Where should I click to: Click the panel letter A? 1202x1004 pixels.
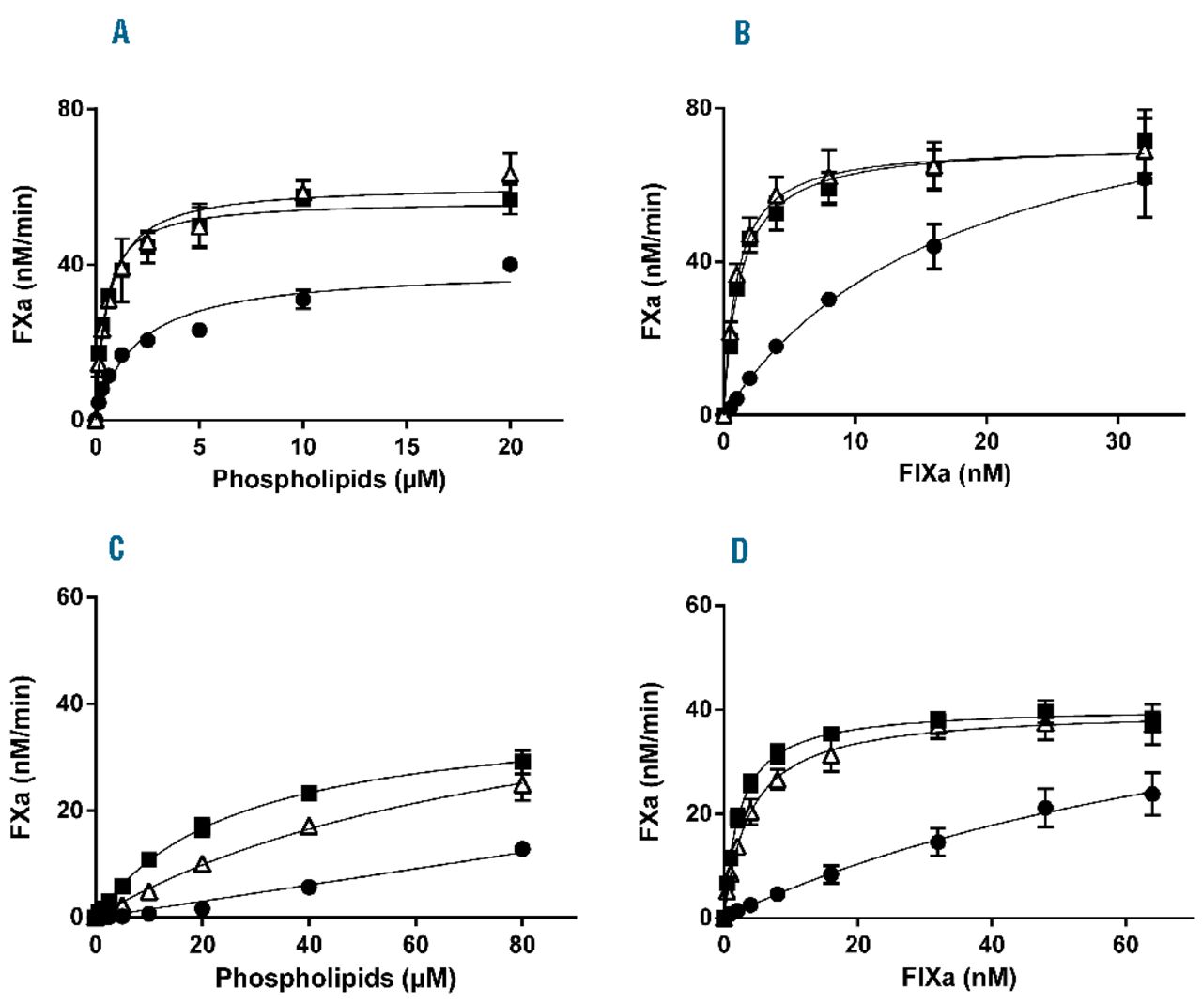(120, 34)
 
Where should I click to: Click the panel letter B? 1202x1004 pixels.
(742, 34)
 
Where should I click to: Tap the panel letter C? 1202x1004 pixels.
(116, 548)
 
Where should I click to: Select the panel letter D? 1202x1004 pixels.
(740, 550)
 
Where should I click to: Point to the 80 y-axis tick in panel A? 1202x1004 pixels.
(71, 109)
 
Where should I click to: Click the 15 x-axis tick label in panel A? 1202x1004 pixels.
(406, 446)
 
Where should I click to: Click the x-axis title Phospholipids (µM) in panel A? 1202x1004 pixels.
(328, 479)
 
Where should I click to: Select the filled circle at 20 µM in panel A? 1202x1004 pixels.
(510, 265)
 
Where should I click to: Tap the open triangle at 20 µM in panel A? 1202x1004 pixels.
(510, 175)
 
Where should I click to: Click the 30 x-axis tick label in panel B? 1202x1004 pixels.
(1117, 441)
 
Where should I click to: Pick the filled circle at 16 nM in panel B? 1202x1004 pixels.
(933, 246)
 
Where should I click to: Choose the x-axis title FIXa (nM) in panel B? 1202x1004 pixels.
(954, 472)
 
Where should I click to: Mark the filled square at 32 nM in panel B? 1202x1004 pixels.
(1145, 142)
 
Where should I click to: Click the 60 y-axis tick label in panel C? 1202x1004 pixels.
(70, 597)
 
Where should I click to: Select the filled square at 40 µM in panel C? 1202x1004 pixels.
(309, 794)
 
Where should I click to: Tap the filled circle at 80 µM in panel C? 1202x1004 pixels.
(522, 849)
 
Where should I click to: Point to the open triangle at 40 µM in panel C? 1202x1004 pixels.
(309, 827)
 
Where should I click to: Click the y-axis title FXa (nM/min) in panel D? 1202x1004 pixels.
(651, 761)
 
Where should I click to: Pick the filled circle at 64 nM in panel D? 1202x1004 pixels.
(1152, 794)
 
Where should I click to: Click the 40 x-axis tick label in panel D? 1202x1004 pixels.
(991, 945)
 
